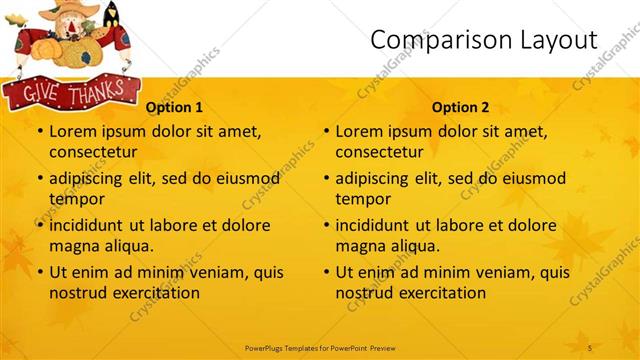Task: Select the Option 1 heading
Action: [x=174, y=107]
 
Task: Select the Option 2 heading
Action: [x=460, y=107]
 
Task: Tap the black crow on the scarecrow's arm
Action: [x=111, y=14]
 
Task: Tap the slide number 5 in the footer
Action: [x=590, y=347]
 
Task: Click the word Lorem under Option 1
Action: [x=75, y=131]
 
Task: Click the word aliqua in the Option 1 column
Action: [x=128, y=246]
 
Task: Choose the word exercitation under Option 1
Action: [x=151, y=293]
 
